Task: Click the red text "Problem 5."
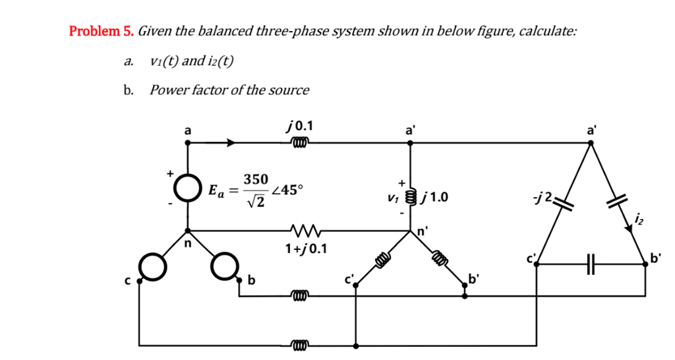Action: [x=102, y=31]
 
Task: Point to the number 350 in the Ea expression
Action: [x=256, y=179]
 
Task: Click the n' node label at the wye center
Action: [x=423, y=231]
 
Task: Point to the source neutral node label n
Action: [x=187, y=243]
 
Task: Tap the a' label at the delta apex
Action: [x=591, y=131]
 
